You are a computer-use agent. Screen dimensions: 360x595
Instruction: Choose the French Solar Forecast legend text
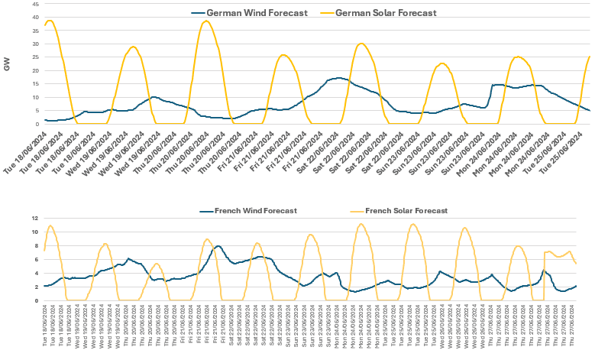[406, 210]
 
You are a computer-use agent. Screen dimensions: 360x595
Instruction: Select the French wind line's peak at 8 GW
[218, 246]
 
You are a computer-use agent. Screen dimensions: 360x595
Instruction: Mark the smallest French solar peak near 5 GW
[157, 264]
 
